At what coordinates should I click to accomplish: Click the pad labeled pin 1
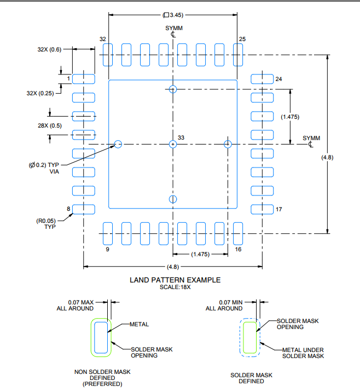84,79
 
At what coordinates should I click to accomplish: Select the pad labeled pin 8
84,209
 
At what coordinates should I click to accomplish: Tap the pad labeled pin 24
262,79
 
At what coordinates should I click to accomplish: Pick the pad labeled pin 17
262,209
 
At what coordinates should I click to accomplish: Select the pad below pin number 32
108,55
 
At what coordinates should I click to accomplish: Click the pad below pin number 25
238,55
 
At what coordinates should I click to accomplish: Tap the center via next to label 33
173,144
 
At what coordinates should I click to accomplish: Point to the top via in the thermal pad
173,89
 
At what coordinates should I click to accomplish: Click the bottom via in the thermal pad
173,199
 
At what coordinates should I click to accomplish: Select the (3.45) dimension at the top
173,15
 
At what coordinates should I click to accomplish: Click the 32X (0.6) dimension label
50,49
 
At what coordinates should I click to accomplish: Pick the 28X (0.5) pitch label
50,125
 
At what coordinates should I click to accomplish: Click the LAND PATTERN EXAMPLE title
175,280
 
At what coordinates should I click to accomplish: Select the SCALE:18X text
175,287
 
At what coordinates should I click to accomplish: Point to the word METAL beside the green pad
139,324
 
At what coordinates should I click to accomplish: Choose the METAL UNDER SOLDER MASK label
303,353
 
